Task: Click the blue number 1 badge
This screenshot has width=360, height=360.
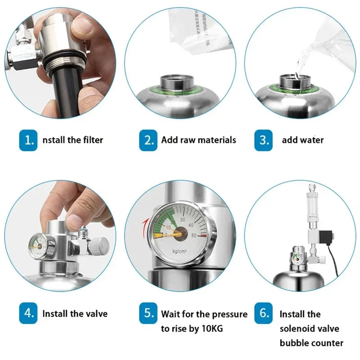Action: click(x=28, y=140)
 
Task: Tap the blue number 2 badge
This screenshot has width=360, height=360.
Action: click(x=148, y=140)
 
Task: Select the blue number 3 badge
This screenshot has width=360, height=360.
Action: click(x=263, y=140)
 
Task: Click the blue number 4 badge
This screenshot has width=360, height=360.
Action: click(x=28, y=313)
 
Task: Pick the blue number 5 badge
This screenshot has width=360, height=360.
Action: click(x=148, y=313)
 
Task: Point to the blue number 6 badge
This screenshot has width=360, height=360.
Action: click(x=263, y=313)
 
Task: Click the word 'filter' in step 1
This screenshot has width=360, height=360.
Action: click(x=90, y=140)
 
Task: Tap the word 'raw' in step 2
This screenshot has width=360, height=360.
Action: click(x=190, y=140)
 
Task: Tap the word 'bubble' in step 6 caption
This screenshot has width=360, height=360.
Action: click(x=294, y=343)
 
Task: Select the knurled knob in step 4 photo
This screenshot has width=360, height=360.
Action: click(x=102, y=245)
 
